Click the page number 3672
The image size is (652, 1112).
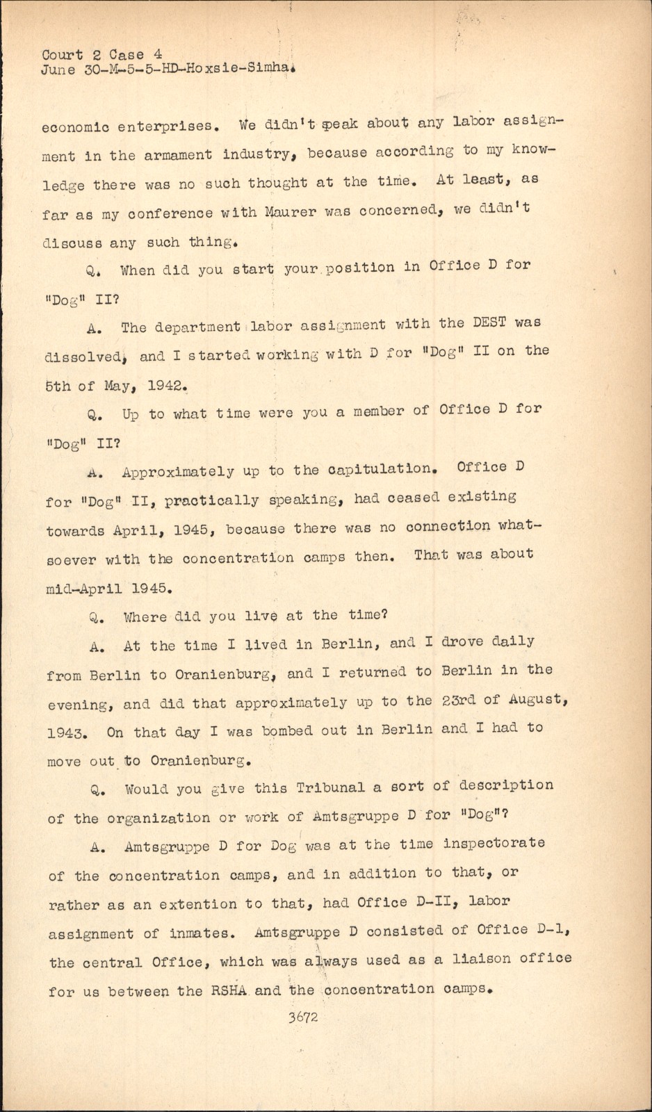[302, 1017]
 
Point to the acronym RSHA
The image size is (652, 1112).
[229, 990]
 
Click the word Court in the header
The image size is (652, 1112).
[62, 54]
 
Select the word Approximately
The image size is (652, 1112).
[178, 472]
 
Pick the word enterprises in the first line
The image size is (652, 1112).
[170, 126]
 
